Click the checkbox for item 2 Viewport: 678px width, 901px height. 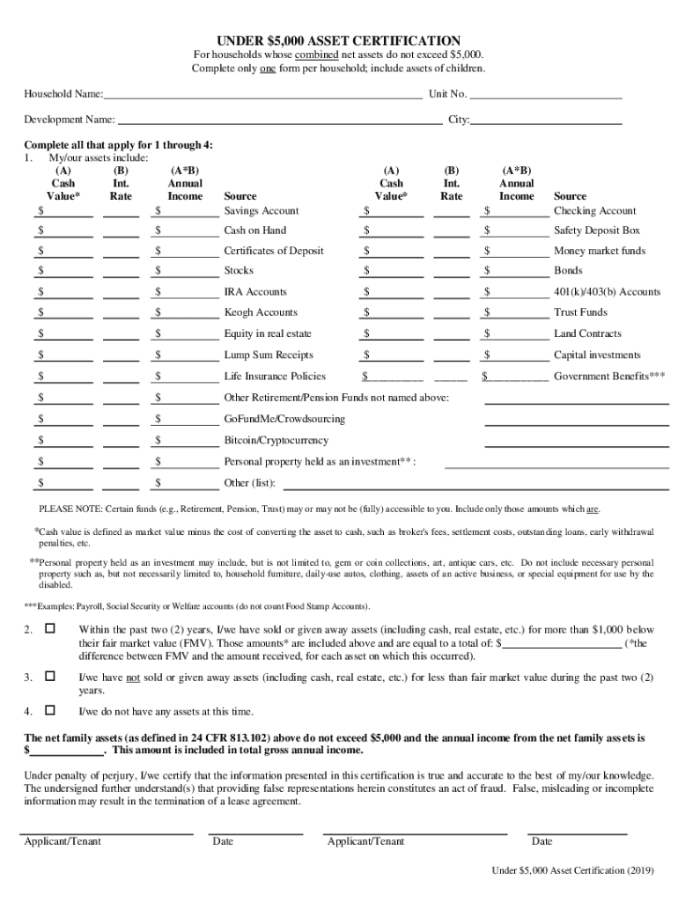click(x=49, y=629)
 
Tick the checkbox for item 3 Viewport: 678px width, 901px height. click(x=49, y=677)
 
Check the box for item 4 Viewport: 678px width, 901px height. click(x=49, y=710)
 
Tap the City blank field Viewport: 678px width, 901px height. click(x=547, y=119)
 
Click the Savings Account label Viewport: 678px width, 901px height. click(x=262, y=211)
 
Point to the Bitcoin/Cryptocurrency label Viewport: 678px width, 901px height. click(x=276, y=440)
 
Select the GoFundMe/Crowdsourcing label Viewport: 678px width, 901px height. click(x=284, y=419)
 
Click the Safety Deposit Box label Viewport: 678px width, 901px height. click(x=597, y=231)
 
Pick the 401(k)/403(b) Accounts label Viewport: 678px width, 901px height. click(x=608, y=292)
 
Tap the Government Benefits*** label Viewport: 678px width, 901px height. click(x=609, y=377)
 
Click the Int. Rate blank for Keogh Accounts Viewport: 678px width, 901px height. click(x=122, y=312)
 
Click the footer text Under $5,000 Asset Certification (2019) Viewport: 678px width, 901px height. click(x=572, y=870)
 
